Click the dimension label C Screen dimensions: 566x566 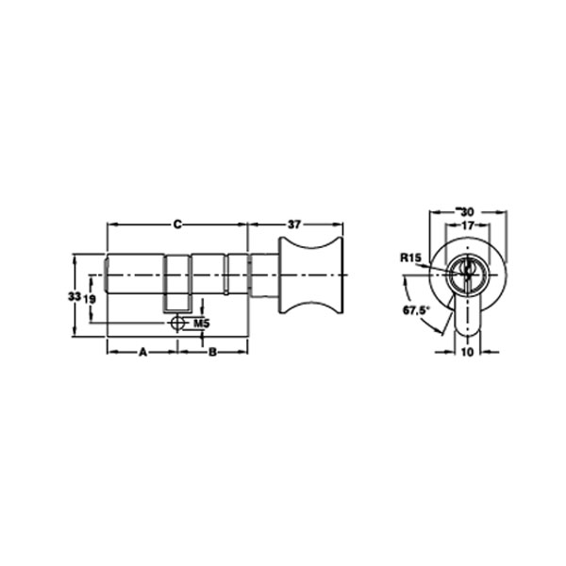(x=177, y=225)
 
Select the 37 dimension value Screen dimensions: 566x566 (x=294, y=225)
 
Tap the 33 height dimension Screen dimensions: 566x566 (x=75, y=297)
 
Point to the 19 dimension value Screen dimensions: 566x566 (x=90, y=299)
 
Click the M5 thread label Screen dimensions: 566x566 (x=202, y=324)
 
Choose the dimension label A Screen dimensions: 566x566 (x=143, y=352)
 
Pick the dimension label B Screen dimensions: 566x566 (x=212, y=352)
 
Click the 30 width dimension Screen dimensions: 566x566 (x=467, y=212)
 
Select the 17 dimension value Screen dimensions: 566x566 (x=468, y=225)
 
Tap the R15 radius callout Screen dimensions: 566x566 (x=410, y=258)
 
